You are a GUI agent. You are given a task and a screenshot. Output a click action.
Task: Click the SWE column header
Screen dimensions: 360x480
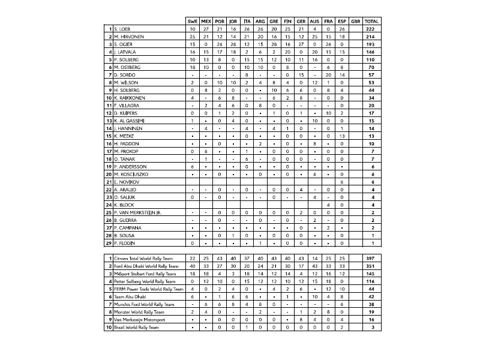click(193, 21)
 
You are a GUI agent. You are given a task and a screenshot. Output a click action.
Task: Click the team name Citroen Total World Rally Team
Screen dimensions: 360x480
click(145, 258)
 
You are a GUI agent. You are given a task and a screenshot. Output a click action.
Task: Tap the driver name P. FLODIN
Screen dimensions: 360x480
click(124, 243)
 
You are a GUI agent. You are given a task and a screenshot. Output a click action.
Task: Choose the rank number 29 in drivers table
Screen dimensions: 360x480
click(108, 243)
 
